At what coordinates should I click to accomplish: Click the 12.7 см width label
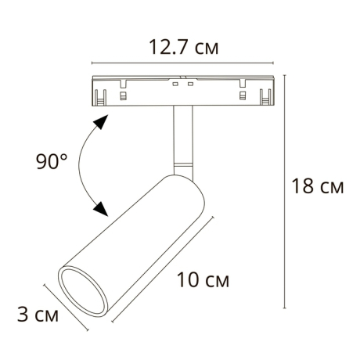tap(184, 49)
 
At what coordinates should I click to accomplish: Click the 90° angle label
tap(52, 162)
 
